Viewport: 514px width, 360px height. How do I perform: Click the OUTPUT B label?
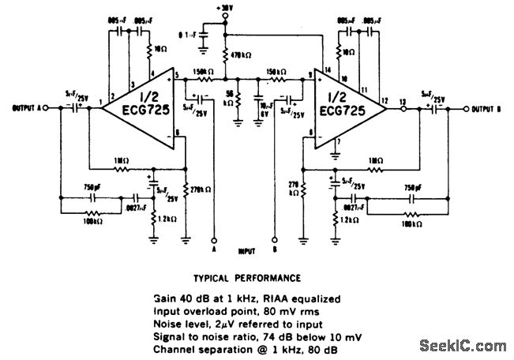[x=488, y=109]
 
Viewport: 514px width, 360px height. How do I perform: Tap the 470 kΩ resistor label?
[x=243, y=56]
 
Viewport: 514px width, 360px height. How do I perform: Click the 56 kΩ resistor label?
[x=230, y=100]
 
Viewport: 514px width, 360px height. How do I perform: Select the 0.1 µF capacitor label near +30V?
[x=188, y=34]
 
